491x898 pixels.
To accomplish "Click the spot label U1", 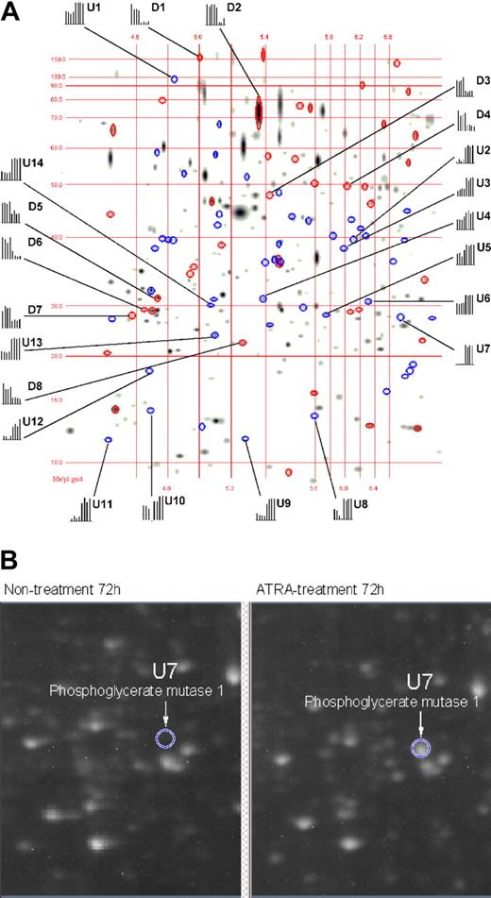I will coord(93,8).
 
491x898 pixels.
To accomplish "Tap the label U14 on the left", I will coord(33,163).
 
